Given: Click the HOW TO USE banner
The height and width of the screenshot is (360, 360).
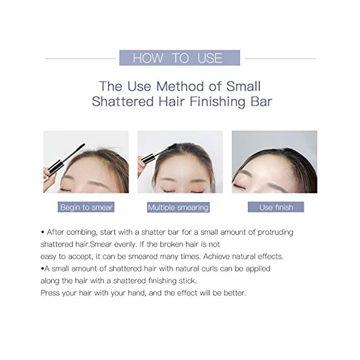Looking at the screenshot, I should click(180, 58).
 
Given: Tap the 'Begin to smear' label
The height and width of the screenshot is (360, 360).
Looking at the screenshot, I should click(86, 207).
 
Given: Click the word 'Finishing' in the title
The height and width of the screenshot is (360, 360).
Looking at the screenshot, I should click(217, 101).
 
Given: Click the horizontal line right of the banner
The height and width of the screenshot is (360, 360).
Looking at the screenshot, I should click(280, 58).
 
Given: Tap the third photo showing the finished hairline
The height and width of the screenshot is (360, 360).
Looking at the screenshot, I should click(274, 162).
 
